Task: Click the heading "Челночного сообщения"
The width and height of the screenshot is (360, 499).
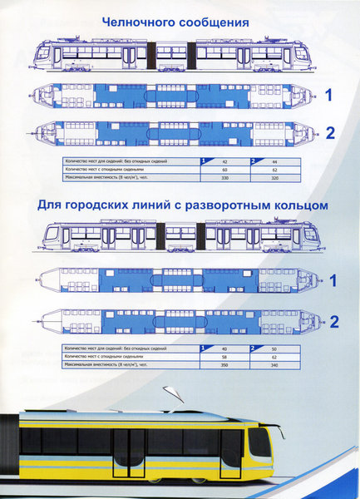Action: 175,22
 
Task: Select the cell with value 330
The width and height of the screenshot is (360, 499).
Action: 221,177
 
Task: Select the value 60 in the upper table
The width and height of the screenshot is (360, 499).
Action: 221,169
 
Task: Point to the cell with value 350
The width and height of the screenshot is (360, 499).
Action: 221,364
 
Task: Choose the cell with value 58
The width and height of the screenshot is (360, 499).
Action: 221,356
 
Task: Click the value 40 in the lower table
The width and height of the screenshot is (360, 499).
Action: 222,348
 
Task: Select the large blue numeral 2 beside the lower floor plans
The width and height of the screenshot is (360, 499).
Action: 333,322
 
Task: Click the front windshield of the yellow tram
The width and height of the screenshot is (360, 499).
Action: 259,442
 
